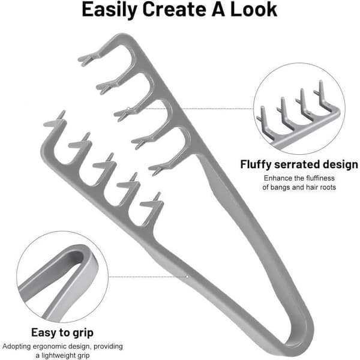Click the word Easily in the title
109,10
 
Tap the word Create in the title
174,9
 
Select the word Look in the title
254,9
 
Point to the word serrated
297,164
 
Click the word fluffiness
320,178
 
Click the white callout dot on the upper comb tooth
128,109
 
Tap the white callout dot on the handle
187,277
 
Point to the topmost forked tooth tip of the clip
83,59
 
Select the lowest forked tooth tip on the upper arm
154,170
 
